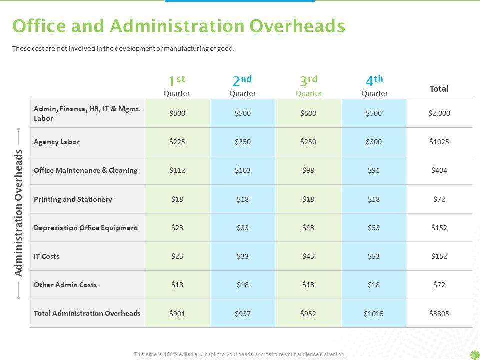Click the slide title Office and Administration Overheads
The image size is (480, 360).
click(178, 26)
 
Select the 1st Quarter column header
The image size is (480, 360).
click(177, 85)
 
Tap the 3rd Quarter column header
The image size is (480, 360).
click(308, 85)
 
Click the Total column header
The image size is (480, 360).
click(439, 89)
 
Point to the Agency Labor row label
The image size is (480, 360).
click(57, 142)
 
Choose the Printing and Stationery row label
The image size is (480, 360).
click(73, 199)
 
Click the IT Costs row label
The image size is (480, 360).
click(46, 256)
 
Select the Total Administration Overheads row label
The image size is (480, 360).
click(87, 313)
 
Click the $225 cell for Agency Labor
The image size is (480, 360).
click(177, 142)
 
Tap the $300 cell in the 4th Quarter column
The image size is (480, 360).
click(374, 142)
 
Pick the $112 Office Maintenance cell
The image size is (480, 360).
click(177, 170)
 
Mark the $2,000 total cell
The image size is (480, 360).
click(439, 113)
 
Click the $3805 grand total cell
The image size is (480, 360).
click(439, 314)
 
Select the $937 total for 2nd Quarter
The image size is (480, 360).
click(243, 314)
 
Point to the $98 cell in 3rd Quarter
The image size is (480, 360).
click(308, 170)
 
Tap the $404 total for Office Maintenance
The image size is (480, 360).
click(439, 170)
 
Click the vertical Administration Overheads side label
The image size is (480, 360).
click(19, 213)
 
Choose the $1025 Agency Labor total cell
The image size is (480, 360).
click(439, 142)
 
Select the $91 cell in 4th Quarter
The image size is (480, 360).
click(374, 170)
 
